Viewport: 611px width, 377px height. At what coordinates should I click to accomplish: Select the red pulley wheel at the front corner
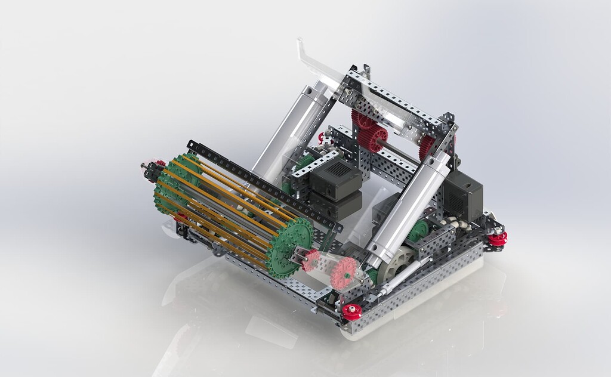(x=351, y=311)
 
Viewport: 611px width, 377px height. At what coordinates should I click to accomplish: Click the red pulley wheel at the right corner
(x=497, y=238)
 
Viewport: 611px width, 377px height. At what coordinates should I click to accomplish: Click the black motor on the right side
(x=464, y=195)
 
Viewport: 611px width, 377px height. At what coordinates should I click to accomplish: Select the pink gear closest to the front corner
(x=344, y=273)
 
